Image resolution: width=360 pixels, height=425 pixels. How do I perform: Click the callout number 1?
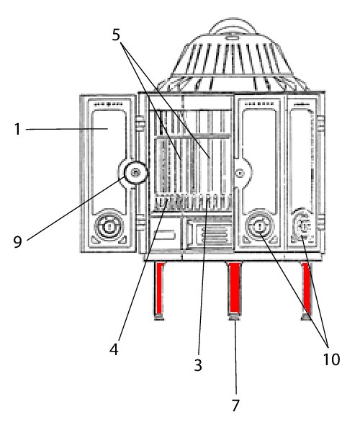[x=17, y=129]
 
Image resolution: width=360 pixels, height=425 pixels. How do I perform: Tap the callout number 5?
[x=116, y=35]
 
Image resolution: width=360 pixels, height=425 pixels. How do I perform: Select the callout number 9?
[x=17, y=241]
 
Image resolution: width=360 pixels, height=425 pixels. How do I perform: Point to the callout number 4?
[x=114, y=349]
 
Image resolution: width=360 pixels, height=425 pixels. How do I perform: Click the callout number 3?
[x=198, y=364]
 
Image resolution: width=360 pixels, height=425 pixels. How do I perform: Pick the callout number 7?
[x=235, y=406]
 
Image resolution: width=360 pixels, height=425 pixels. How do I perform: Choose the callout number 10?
[x=331, y=359]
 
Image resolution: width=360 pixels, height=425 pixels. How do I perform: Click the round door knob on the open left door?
[x=135, y=172]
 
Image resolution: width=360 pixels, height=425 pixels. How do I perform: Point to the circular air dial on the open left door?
[x=109, y=225]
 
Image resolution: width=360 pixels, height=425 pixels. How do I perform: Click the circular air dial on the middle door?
[x=259, y=225]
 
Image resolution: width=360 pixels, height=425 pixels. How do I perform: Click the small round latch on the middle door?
[x=240, y=173]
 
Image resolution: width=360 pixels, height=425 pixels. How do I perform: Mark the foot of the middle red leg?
[x=235, y=316]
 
